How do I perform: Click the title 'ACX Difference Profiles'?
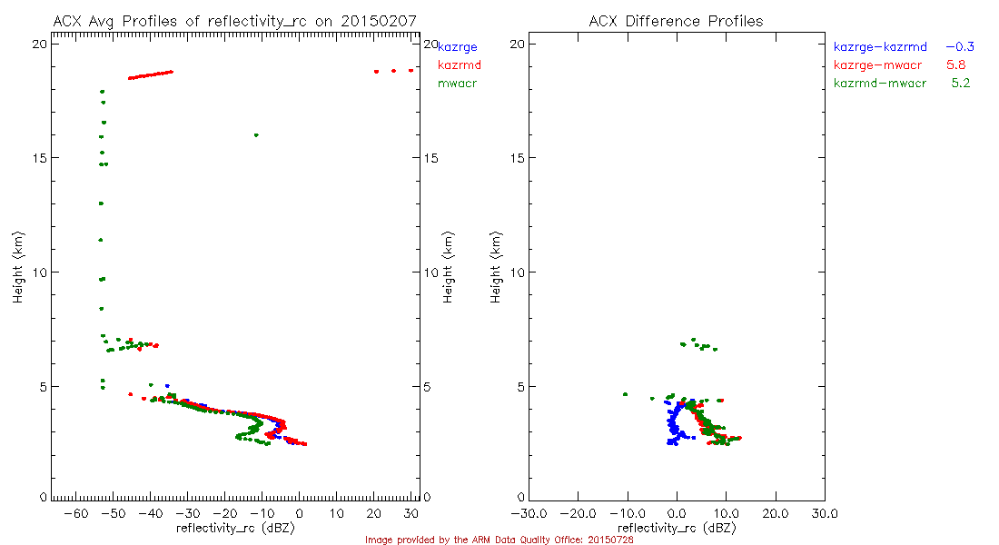click(x=676, y=21)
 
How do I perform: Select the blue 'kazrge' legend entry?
click(x=458, y=46)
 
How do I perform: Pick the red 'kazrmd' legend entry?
click(x=459, y=64)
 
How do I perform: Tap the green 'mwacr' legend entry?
click(x=458, y=84)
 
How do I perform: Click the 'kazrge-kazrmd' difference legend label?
click(x=880, y=46)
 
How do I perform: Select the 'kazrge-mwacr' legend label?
click(x=875, y=64)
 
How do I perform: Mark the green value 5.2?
click(x=961, y=84)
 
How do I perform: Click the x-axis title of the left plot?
click(x=235, y=527)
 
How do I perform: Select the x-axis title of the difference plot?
click(x=677, y=527)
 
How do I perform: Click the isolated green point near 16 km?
click(x=256, y=135)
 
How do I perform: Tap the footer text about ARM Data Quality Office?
click(x=499, y=540)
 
